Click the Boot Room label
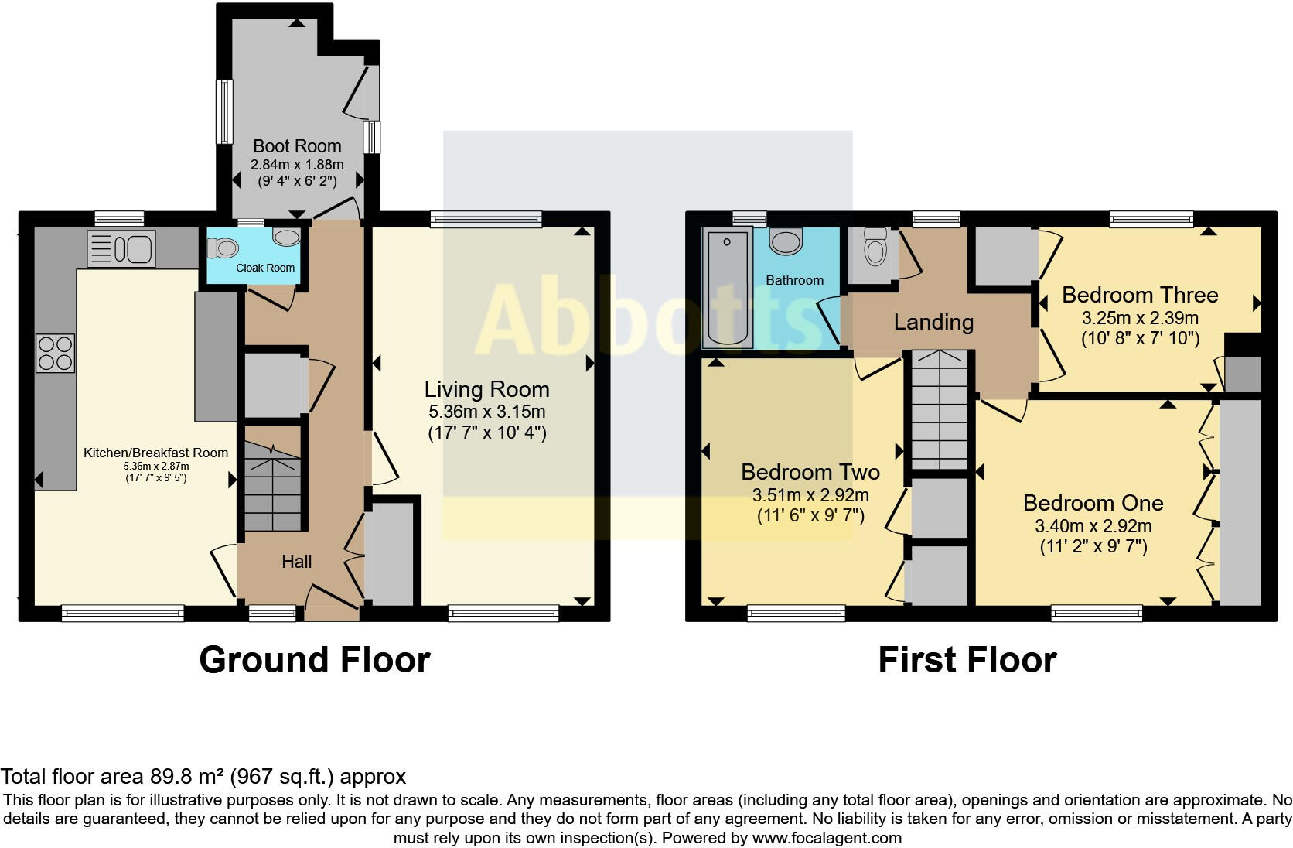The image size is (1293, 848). pyautogui.click(x=297, y=146)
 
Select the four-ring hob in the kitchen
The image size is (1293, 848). pyautogui.click(x=55, y=353)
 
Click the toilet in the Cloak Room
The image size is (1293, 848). pyautogui.click(x=223, y=248)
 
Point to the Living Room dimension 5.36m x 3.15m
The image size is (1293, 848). pyautogui.click(x=487, y=412)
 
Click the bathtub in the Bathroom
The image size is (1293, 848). pyautogui.click(x=727, y=288)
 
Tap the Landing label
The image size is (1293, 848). pyautogui.click(x=933, y=322)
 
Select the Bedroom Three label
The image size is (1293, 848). pyautogui.click(x=1140, y=295)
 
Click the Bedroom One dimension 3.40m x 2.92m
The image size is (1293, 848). pyautogui.click(x=1093, y=527)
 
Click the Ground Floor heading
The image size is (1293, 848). pyautogui.click(x=314, y=660)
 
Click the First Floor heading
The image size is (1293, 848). pyautogui.click(x=967, y=660)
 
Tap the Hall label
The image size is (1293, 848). pyautogui.click(x=296, y=562)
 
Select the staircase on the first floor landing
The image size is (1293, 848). pyautogui.click(x=939, y=410)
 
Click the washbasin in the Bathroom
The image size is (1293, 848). pyautogui.click(x=787, y=241)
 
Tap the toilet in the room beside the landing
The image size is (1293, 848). pyautogui.click(x=875, y=251)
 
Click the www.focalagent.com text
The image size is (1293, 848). pyautogui.click(x=826, y=838)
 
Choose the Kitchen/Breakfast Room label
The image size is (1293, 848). pyautogui.click(x=155, y=453)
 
